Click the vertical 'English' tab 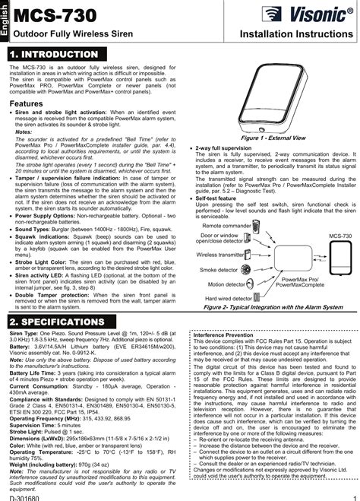[5, 17]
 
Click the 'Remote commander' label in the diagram [228, 226]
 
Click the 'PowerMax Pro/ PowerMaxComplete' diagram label [302, 283]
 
